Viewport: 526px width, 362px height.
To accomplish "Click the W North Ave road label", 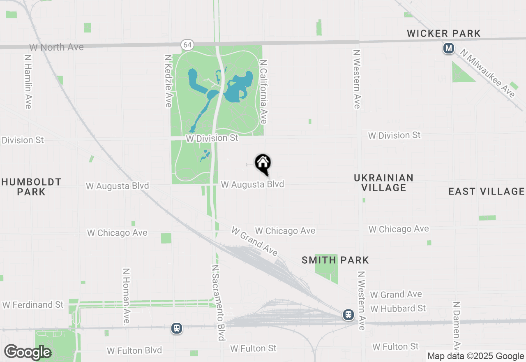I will pos(56,47).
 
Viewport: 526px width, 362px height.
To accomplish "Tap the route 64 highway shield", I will pos(187,45).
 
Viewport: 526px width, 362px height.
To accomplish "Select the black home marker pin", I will pos(263,164).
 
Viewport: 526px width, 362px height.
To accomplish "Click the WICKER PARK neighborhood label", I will pos(444,33).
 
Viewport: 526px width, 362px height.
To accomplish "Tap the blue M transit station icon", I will pos(448,49).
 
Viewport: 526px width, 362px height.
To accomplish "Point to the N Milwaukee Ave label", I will pos(487,74).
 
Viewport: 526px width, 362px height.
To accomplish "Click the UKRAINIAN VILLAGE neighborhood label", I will pos(384,183).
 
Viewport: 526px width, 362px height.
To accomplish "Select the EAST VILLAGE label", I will pos(487,191).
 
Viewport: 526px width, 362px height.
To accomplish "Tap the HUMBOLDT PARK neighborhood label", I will pos(31,187).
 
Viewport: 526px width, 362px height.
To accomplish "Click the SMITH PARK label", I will pos(335,260).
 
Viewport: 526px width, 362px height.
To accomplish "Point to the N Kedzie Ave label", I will pos(168,81).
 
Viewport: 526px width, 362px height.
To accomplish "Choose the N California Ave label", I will pos(264,91).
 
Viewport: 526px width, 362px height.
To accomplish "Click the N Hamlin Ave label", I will pos(28,82).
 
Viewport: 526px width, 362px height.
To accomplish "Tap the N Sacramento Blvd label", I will pos(219,302).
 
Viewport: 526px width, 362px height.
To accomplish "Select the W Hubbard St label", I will pos(398,308).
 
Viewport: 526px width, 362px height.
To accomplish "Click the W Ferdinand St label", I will pos(33,305).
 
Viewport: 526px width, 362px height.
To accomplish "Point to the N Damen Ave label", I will pos(456,325).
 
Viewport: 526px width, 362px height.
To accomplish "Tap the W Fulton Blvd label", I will pos(134,350).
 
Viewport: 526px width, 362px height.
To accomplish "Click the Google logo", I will pos(28,352).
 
